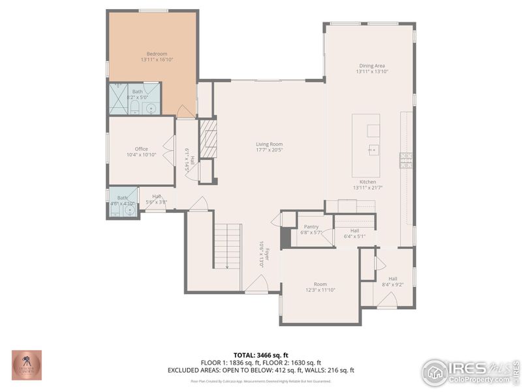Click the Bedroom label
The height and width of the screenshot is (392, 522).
[157, 54]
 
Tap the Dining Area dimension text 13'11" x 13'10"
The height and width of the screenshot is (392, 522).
[372, 72]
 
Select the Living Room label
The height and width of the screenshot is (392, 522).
[269, 144]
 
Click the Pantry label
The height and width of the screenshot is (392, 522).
[311, 227]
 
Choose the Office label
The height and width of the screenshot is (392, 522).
[142, 149]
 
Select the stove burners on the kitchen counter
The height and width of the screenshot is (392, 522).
[406, 159]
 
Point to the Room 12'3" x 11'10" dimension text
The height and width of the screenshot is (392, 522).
[320, 290]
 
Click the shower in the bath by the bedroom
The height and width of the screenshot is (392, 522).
[119, 99]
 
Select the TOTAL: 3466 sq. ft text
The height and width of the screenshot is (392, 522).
[260, 355]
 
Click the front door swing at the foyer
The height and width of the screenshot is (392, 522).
[257, 284]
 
